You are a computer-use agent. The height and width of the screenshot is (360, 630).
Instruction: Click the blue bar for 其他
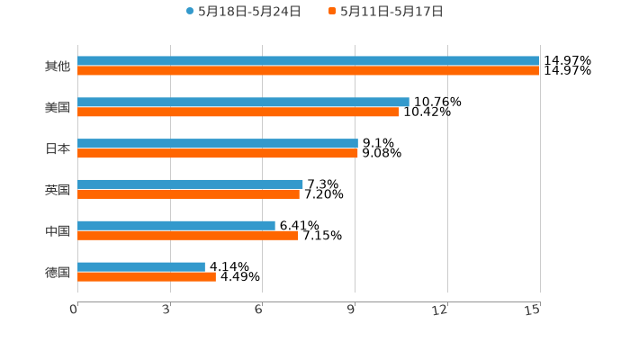click(x=308, y=61)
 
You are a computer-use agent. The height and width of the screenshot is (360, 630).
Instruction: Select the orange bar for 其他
click(x=308, y=70)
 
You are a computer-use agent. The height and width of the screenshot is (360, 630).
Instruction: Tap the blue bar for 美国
click(x=243, y=103)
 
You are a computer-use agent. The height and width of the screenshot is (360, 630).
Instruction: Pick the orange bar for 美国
click(x=238, y=112)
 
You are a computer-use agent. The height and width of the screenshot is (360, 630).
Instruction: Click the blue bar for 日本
click(x=218, y=144)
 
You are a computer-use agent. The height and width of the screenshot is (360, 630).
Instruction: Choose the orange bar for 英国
click(x=188, y=193)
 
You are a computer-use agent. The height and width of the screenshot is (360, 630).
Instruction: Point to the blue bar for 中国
click(x=176, y=226)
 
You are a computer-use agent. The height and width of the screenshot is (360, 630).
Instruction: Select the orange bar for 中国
click(x=188, y=235)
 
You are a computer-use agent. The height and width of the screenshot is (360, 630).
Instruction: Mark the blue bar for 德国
click(x=141, y=267)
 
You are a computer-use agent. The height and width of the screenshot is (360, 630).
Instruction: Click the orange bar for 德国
click(x=147, y=276)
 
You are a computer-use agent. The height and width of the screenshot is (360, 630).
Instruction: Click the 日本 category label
click(x=58, y=148)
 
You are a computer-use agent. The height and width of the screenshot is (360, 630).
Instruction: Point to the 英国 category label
click(x=58, y=190)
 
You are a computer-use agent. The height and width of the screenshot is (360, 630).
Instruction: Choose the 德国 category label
click(x=58, y=272)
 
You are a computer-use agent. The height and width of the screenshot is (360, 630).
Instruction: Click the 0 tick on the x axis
click(x=75, y=310)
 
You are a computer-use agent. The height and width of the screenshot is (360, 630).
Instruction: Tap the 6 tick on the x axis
click(x=259, y=310)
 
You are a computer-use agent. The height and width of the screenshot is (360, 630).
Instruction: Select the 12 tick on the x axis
click(x=441, y=310)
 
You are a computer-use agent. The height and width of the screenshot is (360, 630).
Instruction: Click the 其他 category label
click(x=58, y=66)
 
